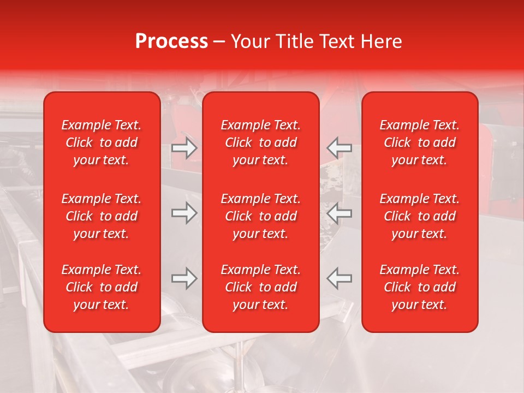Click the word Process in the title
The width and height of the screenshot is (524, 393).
click(171, 41)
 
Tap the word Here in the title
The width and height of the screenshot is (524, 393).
click(382, 41)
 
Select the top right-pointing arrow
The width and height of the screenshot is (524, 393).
click(184, 148)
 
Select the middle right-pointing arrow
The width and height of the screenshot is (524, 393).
click(184, 213)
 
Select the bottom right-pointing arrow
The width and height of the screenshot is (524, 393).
click(184, 278)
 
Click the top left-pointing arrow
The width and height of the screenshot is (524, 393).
click(339, 148)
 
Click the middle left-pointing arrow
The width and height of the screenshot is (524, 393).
click(339, 213)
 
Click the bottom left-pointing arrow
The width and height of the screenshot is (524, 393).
click(339, 278)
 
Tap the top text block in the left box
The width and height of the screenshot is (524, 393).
click(102, 142)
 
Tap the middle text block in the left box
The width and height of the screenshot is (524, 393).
click(102, 216)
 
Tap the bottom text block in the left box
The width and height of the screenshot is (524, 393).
click(102, 287)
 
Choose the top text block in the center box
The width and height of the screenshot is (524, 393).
click(260, 142)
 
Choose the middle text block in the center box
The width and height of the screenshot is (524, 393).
click(260, 216)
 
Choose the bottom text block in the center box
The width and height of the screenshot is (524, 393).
click(260, 287)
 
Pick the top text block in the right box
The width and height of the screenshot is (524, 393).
click(419, 142)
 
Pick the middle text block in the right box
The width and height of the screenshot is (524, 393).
click(419, 216)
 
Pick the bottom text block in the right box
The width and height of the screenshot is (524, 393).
click(419, 287)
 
